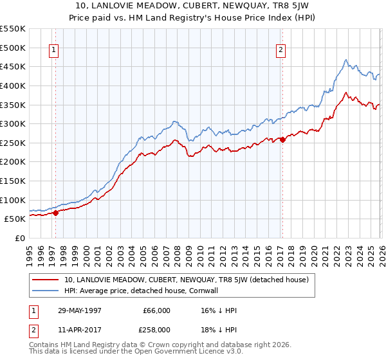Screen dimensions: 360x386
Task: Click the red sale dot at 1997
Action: point(55,213)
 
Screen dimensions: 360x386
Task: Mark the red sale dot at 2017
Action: point(282,139)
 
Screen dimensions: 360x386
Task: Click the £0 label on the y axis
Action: point(20,238)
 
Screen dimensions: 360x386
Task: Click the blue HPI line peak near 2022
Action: point(345,60)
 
